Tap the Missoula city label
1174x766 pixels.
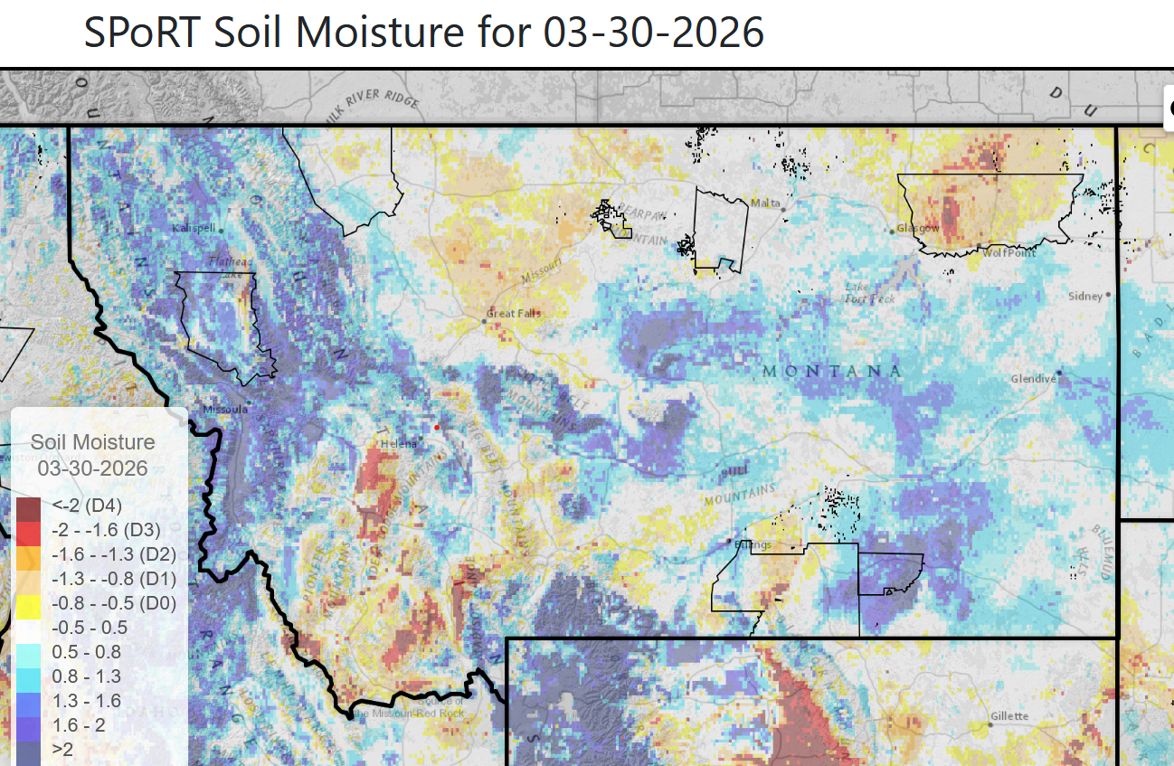tap(224, 409)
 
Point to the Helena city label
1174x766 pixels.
tap(398, 443)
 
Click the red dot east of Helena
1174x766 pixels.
tap(437, 427)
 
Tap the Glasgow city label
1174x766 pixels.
tap(918, 228)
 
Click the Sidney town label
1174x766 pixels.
tap(1085, 296)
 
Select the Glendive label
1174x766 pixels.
tap(1033, 379)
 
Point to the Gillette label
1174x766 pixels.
tap(1008, 716)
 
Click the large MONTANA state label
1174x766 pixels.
tap(831, 372)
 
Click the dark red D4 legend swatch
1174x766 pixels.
tap(28, 505)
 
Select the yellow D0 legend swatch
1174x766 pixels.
tap(28, 603)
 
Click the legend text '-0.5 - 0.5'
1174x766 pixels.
tap(90, 628)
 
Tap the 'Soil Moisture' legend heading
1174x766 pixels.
tap(93, 442)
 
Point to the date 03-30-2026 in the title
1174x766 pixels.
tap(654, 33)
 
